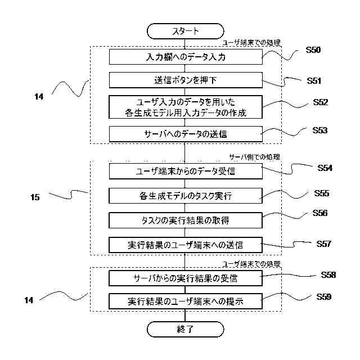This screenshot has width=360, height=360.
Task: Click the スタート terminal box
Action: [x=185, y=31]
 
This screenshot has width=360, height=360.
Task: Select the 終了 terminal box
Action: [x=185, y=329]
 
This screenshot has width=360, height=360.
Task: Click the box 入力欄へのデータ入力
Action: [x=186, y=57]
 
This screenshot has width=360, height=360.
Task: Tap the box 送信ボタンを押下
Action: [x=186, y=80]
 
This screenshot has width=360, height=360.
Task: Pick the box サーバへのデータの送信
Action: [x=186, y=134]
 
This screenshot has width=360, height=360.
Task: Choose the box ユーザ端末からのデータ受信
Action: [x=186, y=171]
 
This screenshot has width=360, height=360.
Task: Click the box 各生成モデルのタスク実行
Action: [x=186, y=196]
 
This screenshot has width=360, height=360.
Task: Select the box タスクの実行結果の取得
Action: [x=186, y=220]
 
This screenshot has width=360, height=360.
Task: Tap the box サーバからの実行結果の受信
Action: [x=186, y=278]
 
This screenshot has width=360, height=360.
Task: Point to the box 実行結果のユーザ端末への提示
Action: [x=186, y=301]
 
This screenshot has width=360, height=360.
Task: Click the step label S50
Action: [x=313, y=50]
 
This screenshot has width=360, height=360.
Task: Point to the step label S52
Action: [x=321, y=102]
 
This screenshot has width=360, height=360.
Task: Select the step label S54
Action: [x=325, y=168]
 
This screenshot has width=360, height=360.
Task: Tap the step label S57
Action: [x=324, y=244]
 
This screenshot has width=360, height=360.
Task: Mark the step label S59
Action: [x=324, y=297]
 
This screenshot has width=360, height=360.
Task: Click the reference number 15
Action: [x=35, y=197]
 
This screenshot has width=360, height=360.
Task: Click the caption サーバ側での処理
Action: [x=255, y=157]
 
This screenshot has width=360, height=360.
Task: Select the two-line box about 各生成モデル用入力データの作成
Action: [x=186, y=107]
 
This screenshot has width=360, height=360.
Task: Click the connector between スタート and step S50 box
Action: [x=185, y=44]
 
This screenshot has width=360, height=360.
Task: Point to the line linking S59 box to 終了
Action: [x=185, y=315]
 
